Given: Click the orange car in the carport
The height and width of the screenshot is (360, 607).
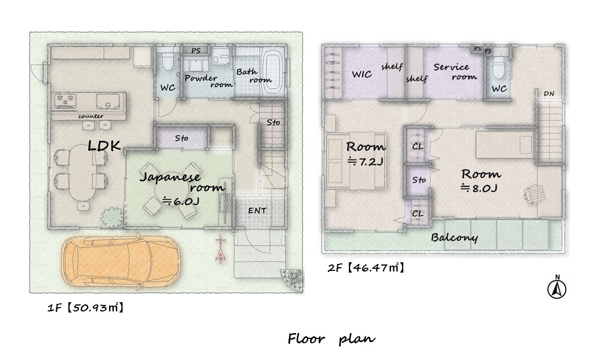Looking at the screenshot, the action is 121,262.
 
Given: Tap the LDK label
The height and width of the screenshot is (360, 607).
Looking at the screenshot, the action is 104,146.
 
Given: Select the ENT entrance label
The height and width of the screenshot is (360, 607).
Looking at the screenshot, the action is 258,210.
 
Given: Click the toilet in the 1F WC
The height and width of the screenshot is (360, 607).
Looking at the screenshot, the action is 167,59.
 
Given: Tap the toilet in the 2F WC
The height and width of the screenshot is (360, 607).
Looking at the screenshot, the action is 498,66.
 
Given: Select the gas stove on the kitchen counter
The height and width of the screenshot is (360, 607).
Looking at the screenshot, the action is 65,101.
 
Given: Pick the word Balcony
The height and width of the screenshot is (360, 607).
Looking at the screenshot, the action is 454,237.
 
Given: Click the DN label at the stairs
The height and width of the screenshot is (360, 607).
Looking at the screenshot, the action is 549,94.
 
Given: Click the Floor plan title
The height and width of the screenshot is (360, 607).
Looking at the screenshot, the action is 332,339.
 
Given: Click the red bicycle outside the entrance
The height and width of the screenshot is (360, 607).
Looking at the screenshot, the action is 220,249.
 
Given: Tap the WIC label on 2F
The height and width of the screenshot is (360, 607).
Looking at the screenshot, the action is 362,74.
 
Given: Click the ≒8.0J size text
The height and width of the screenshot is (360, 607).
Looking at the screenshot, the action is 479,188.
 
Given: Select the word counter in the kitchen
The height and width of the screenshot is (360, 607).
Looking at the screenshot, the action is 91,116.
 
